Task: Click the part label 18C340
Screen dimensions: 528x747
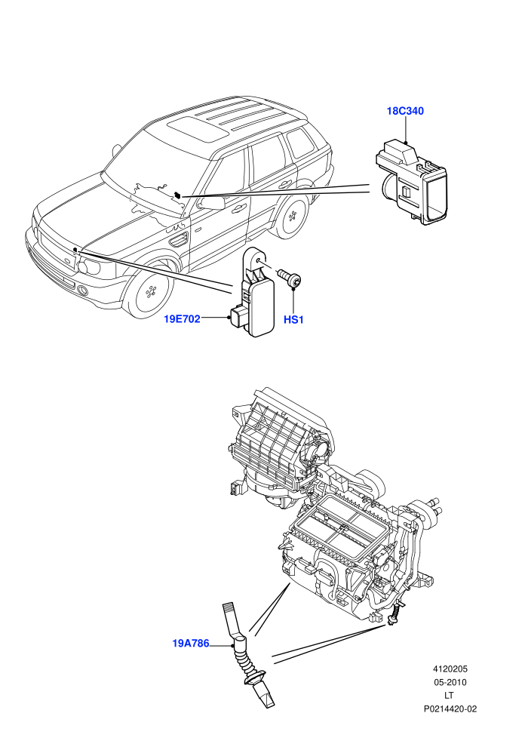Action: pos(405,111)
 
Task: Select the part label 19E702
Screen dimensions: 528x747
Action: pos(182,318)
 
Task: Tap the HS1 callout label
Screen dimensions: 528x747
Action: pos(293,320)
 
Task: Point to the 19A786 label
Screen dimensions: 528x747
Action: pos(190,643)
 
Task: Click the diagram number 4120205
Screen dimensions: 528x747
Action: pos(450,669)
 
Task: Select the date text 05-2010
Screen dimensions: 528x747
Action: pos(450,682)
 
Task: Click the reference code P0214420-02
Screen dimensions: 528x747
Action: pos(450,709)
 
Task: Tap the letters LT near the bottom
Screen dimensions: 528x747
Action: pos(449,696)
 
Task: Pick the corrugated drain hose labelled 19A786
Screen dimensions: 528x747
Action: pos(248,653)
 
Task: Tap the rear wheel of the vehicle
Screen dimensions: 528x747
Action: pos(291,218)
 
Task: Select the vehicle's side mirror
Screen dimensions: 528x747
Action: pos(212,203)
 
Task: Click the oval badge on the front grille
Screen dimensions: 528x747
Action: pos(67,261)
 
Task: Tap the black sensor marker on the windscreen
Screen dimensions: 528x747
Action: pos(177,195)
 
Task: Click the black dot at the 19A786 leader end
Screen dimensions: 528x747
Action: pos(233,647)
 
